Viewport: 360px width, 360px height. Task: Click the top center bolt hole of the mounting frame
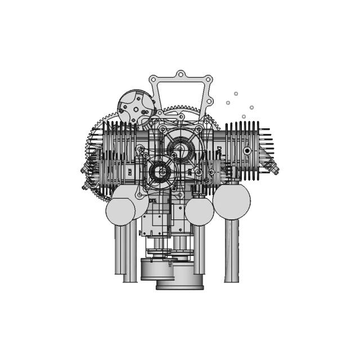coord(180,74)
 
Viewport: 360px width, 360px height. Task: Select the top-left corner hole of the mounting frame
coord(153,80)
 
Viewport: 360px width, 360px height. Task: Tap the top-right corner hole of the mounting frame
coord(208,79)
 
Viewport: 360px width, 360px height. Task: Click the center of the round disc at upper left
coord(136,106)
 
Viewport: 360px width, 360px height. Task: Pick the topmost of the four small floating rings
coord(236,93)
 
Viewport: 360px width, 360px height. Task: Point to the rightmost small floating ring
coord(251,107)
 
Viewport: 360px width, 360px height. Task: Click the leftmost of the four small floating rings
coord(228,103)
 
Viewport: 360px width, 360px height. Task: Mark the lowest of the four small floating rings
coord(244,116)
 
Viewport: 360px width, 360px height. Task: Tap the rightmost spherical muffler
coord(231,201)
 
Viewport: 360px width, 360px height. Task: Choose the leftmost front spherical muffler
coord(120,211)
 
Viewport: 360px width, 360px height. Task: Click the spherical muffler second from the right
coord(199,211)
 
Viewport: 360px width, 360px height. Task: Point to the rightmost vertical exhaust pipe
coord(232,250)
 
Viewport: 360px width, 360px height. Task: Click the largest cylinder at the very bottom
coord(179,278)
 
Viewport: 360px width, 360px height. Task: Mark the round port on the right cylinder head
coord(246,151)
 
